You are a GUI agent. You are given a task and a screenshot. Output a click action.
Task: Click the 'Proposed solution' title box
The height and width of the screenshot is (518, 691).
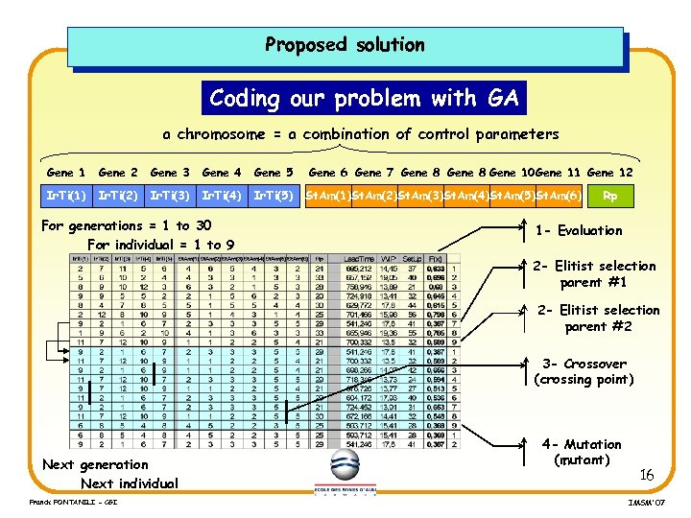pyautogui.click(x=345, y=45)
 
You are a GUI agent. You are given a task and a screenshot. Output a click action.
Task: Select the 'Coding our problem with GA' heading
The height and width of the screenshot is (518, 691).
pyautogui.click(x=364, y=98)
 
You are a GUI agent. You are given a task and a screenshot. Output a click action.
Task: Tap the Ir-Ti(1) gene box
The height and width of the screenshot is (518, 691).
pyautogui.click(x=66, y=197)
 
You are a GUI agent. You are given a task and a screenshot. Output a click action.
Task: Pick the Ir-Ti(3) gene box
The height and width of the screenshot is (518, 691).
pyautogui.click(x=170, y=197)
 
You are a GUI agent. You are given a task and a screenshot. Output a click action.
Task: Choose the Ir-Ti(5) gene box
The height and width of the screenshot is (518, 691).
pyautogui.click(x=273, y=197)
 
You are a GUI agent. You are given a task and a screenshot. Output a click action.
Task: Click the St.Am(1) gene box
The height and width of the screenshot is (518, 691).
pyautogui.click(x=326, y=197)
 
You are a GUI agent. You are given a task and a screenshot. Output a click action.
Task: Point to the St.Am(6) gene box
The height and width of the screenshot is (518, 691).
pyautogui.click(x=559, y=197)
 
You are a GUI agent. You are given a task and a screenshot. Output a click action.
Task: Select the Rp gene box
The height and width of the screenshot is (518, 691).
pyautogui.click(x=609, y=197)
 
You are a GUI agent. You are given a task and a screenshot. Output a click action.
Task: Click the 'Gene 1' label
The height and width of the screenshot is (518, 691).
pyautogui.click(x=66, y=173)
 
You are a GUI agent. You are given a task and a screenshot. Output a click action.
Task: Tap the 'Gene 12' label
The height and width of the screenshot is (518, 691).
pyautogui.click(x=609, y=173)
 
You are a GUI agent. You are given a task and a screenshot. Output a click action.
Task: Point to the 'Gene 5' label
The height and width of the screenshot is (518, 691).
pyautogui.click(x=274, y=173)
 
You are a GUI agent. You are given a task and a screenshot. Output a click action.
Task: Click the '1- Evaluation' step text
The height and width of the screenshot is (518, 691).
pyautogui.click(x=579, y=230)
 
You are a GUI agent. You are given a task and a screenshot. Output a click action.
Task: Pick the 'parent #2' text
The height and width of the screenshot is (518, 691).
pyautogui.click(x=599, y=327)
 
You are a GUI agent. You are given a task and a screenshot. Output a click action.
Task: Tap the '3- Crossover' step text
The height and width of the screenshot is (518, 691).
pyautogui.click(x=584, y=364)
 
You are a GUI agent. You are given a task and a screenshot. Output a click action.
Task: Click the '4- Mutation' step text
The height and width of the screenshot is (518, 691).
pyautogui.click(x=582, y=444)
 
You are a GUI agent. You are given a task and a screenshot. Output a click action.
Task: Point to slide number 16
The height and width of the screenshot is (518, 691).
pyautogui.click(x=647, y=475)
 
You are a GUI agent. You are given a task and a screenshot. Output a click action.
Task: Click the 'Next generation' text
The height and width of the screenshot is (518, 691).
pyautogui.click(x=95, y=464)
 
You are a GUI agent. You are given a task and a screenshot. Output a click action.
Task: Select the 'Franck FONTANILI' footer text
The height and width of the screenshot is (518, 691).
pyautogui.click(x=58, y=502)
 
